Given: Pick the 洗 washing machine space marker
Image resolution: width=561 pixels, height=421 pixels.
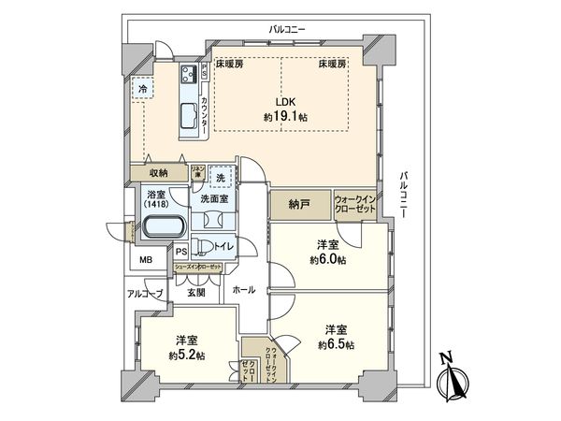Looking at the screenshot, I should [220, 177].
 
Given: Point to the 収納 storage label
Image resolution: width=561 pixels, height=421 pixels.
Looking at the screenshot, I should [158, 173].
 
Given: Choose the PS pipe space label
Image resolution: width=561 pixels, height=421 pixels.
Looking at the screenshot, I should [181, 251].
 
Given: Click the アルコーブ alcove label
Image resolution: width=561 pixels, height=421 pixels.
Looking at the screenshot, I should [145, 294].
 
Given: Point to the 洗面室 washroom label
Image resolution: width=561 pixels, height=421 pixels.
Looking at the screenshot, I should [213, 199].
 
